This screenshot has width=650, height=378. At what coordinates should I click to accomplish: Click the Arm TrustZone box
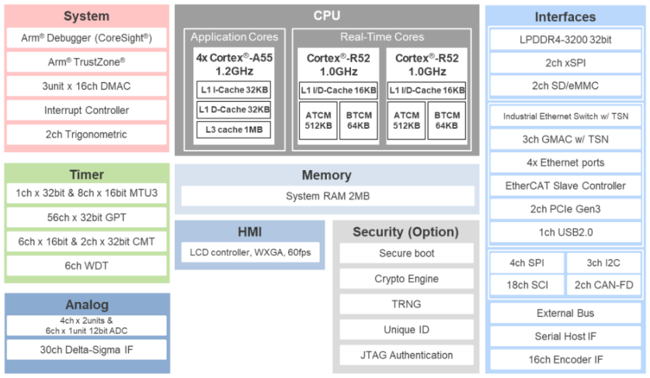pyautogui.click(x=87, y=62)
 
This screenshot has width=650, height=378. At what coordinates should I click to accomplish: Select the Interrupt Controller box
pyautogui.click(x=87, y=110)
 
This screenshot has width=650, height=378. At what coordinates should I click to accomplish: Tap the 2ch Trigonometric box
pyautogui.click(x=87, y=134)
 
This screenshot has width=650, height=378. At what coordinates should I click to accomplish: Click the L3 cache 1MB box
pyautogui.click(x=234, y=130)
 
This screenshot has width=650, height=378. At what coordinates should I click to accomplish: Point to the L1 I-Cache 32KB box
pyautogui.click(x=234, y=90)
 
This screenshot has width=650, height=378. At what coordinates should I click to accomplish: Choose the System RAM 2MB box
pyautogui.click(x=328, y=196)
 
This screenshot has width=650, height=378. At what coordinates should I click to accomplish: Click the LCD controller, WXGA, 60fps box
pyautogui.click(x=250, y=252)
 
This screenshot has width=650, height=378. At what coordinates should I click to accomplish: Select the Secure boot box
pyautogui.click(x=406, y=253)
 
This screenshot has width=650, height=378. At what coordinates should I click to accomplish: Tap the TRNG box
pyautogui.click(x=406, y=304)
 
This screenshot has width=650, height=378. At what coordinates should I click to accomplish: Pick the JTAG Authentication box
pyautogui.click(x=406, y=355)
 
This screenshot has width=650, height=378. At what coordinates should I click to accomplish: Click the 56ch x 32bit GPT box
pyautogui.click(x=87, y=217)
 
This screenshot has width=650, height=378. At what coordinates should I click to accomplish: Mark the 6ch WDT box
pyautogui.click(x=87, y=265)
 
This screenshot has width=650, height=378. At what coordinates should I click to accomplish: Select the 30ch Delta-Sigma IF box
pyautogui.click(x=87, y=350)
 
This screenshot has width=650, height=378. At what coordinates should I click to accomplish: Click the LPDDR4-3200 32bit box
pyautogui.click(x=565, y=40)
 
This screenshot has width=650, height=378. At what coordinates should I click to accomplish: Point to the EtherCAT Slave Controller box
pyautogui.click(x=565, y=186)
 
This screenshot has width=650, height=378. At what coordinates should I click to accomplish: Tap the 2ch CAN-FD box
pyautogui.click(x=603, y=285)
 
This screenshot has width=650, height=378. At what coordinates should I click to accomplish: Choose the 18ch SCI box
pyautogui.click(x=527, y=285)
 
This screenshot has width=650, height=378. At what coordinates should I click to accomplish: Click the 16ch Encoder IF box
pyautogui.click(x=565, y=359)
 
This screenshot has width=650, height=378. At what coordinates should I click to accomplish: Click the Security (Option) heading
pyautogui.click(x=406, y=232)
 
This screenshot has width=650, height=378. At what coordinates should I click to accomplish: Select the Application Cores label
pyautogui.click(x=235, y=37)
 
